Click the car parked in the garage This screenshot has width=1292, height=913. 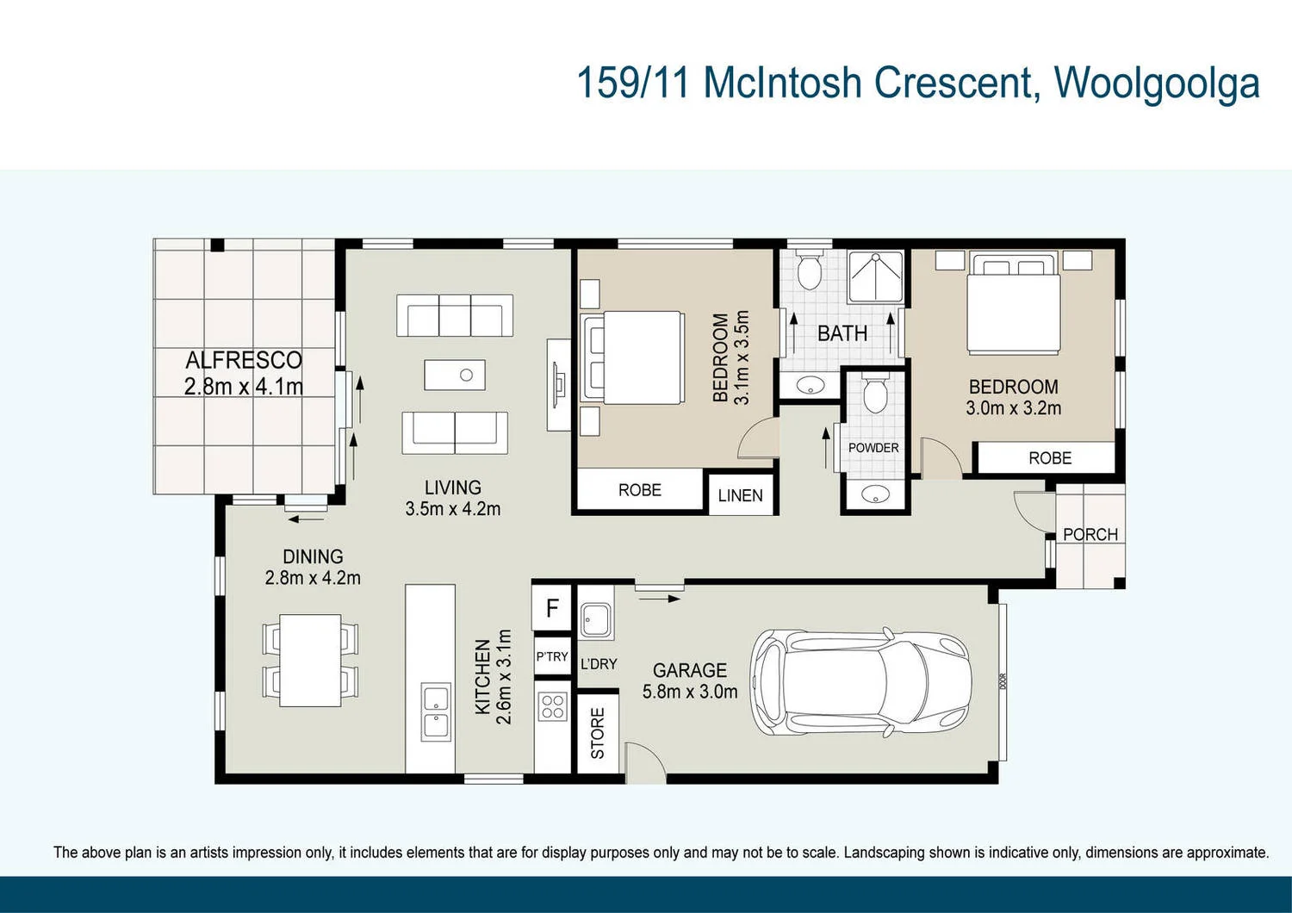(x=861, y=682)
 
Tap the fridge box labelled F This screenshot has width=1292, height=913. (x=552, y=608)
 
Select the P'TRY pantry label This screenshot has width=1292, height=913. (x=552, y=656)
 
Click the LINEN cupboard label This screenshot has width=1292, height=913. (x=740, y=495)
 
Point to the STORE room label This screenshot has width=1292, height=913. (x=598, y=733)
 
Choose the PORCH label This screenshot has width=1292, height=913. (x=1090, y=535)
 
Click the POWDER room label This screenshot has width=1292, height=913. (x=873, y=448)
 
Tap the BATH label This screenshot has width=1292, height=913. (x=842, y=333)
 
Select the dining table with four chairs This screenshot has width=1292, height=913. (x=310, y=660)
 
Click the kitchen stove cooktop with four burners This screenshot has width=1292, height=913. (x=552, y=707)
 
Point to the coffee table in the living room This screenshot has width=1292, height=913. (x=455, y=375)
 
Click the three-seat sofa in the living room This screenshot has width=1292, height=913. (x=455, y=315)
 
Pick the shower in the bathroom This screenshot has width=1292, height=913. (x=875, y=276)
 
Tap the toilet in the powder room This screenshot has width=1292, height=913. (x=875, y=394)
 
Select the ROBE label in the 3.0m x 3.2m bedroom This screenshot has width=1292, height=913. (x=1049, y=458)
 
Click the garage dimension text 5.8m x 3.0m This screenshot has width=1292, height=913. (x=689, y=692)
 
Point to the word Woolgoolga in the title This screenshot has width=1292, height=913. (x=1157, y=84)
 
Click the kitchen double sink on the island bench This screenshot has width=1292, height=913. (x=435, y=712)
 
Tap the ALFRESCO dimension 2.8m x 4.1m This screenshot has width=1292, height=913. (x=244, y=387)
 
